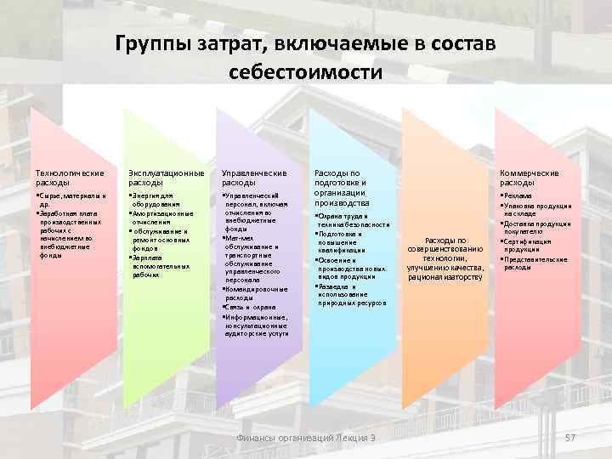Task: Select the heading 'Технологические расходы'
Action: coord(71,178)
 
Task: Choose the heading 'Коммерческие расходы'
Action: coord(530,178)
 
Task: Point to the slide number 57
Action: coord(570,437)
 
